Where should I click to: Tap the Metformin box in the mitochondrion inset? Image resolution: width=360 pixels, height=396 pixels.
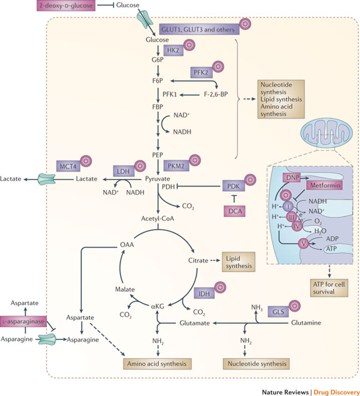tap(318, 186)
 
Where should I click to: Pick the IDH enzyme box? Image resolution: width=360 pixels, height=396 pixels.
tap(204, 291)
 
